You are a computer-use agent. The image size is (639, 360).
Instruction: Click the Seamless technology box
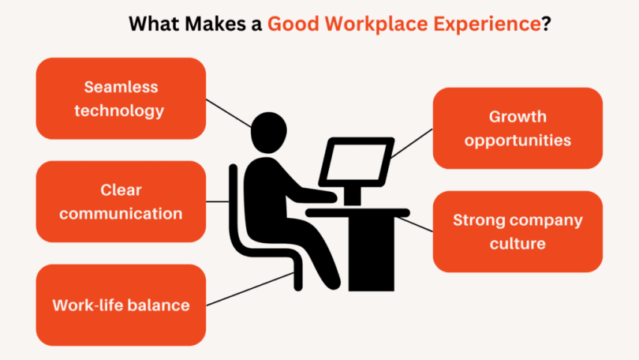[x=121, y=99]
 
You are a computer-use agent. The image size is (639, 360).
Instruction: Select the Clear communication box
[x=121, y=201]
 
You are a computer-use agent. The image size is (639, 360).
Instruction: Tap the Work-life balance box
[x=121, y=305]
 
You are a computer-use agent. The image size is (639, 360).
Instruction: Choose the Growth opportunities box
[x=518, y=128]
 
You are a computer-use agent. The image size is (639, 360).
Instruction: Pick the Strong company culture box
[x=518, y=231]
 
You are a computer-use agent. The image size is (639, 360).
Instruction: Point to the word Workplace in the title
[x=376, y=24]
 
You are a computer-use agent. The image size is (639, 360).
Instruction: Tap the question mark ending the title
[x=546, y=24]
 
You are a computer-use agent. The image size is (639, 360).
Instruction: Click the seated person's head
[x=268, y=133]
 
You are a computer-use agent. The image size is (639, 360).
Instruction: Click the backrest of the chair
[x=234, y=204]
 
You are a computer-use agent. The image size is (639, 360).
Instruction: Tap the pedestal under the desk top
[x=372, y=253]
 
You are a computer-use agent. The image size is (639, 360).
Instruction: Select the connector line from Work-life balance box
[x=250, y=289]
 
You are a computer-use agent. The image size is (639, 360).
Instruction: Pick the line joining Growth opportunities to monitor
[x=412, y=144]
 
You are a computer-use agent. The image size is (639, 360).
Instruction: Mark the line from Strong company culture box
[x=414, y=225]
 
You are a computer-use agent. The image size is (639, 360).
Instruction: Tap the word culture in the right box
[x=518, y=243]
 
